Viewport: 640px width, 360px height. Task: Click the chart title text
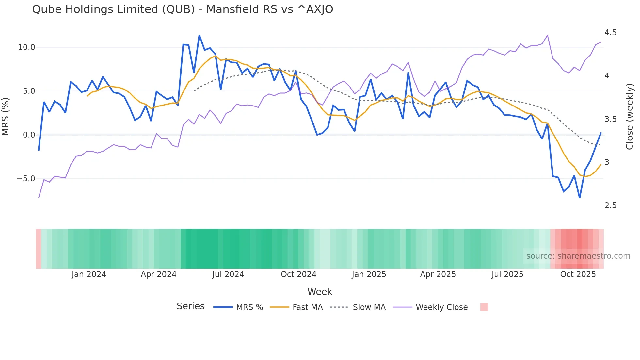pyautogui.click(x=183, y=9)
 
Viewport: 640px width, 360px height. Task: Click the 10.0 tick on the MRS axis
pyautogui.click(x=26, y=47)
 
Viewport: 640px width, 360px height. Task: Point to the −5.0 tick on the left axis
pyautogui.click(x=26, y=179)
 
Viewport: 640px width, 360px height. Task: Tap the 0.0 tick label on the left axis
pyautogui.click(x=29, y=135)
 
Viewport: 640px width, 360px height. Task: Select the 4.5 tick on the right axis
pyautogui.click(x=610, y=33)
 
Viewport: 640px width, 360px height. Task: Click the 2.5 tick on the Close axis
pyautogui.click(x=610, y=205)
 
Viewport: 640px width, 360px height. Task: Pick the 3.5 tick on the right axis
pyautogui.click(x=610, y=119)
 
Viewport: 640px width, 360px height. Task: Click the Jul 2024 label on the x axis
pyautogui.click(x=228, y=274)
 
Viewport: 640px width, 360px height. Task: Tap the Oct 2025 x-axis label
pyautogui.click(x=578, y=274)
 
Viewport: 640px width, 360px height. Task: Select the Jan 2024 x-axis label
pyautogui.click(x=89, y=274)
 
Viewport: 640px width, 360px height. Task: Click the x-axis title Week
pyautogui.click(x=320, y=292)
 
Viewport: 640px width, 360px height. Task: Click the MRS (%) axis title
pyautogui.click(x=6, y=116)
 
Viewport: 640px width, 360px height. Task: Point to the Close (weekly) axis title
pyautogui.click(x=629, y=116)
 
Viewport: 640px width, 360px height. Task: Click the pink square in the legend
pyautogui.click(x=484, y=307)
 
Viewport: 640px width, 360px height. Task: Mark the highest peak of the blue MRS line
pyautogui.click(x=199, y=36)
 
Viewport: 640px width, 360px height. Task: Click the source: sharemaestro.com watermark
pyautogui.click(x=578, y=256)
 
